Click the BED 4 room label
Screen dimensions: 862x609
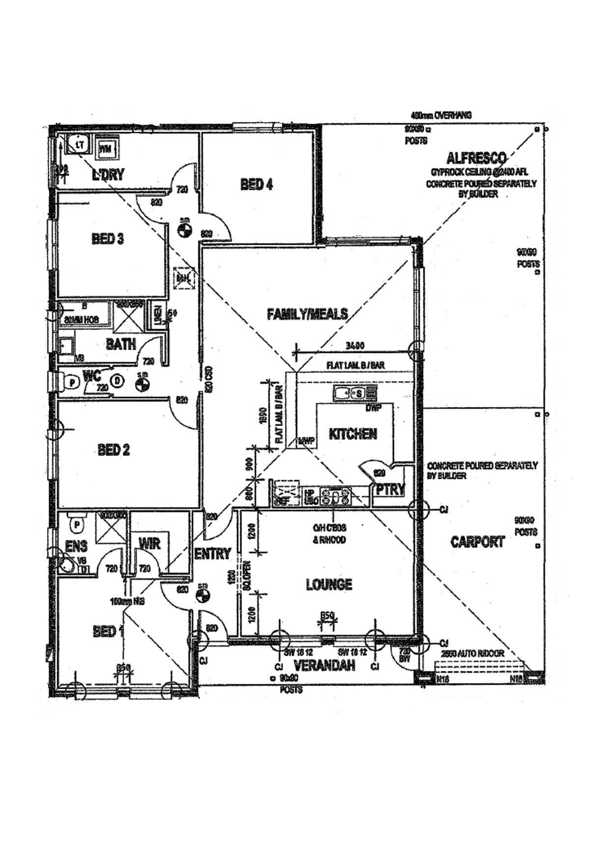(257, 184)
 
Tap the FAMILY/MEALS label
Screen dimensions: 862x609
(307, 314)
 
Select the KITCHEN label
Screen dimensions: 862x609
(353, 434)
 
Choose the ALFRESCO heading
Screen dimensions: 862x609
(476, 158)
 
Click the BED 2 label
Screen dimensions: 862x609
(114, 450)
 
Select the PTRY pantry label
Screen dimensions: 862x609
(390, 489)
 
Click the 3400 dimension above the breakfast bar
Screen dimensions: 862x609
(355, 346)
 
